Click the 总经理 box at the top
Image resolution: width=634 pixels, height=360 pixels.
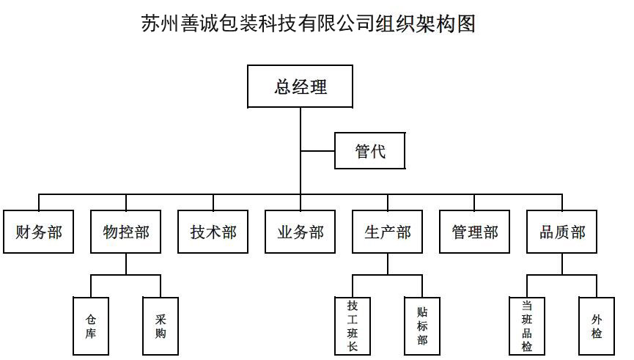[x=301, y=87]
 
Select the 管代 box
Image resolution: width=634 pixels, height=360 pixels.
[x=370, y=152]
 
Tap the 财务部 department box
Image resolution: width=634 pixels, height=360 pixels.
[x=39, y=232]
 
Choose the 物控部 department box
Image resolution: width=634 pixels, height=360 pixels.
[x=126, y=232]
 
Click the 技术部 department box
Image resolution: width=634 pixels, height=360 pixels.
[x=213, y=232]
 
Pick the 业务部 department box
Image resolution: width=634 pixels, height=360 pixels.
[x=301, y=232]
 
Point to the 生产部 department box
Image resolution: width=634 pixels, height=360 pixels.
[x=388, y=232]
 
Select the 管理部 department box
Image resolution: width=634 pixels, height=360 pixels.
[x=475, y=232]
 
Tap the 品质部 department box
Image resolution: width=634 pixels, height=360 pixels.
[x=562, y=232]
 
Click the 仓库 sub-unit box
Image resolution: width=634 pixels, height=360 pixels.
[x=91, y=326]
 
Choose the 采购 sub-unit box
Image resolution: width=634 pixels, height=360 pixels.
[x=161, y=326]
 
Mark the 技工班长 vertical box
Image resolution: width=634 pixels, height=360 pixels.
[x=353, y=326]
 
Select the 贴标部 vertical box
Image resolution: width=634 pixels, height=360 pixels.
[x=422, y=326]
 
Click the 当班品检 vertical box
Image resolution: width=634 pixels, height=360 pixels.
[x=527, y=326]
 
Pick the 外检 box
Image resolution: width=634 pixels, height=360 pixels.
[x=597, y=326]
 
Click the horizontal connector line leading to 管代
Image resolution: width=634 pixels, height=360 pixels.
[x=317, y=152]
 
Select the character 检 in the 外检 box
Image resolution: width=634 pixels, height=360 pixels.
[x=597, y=334]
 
